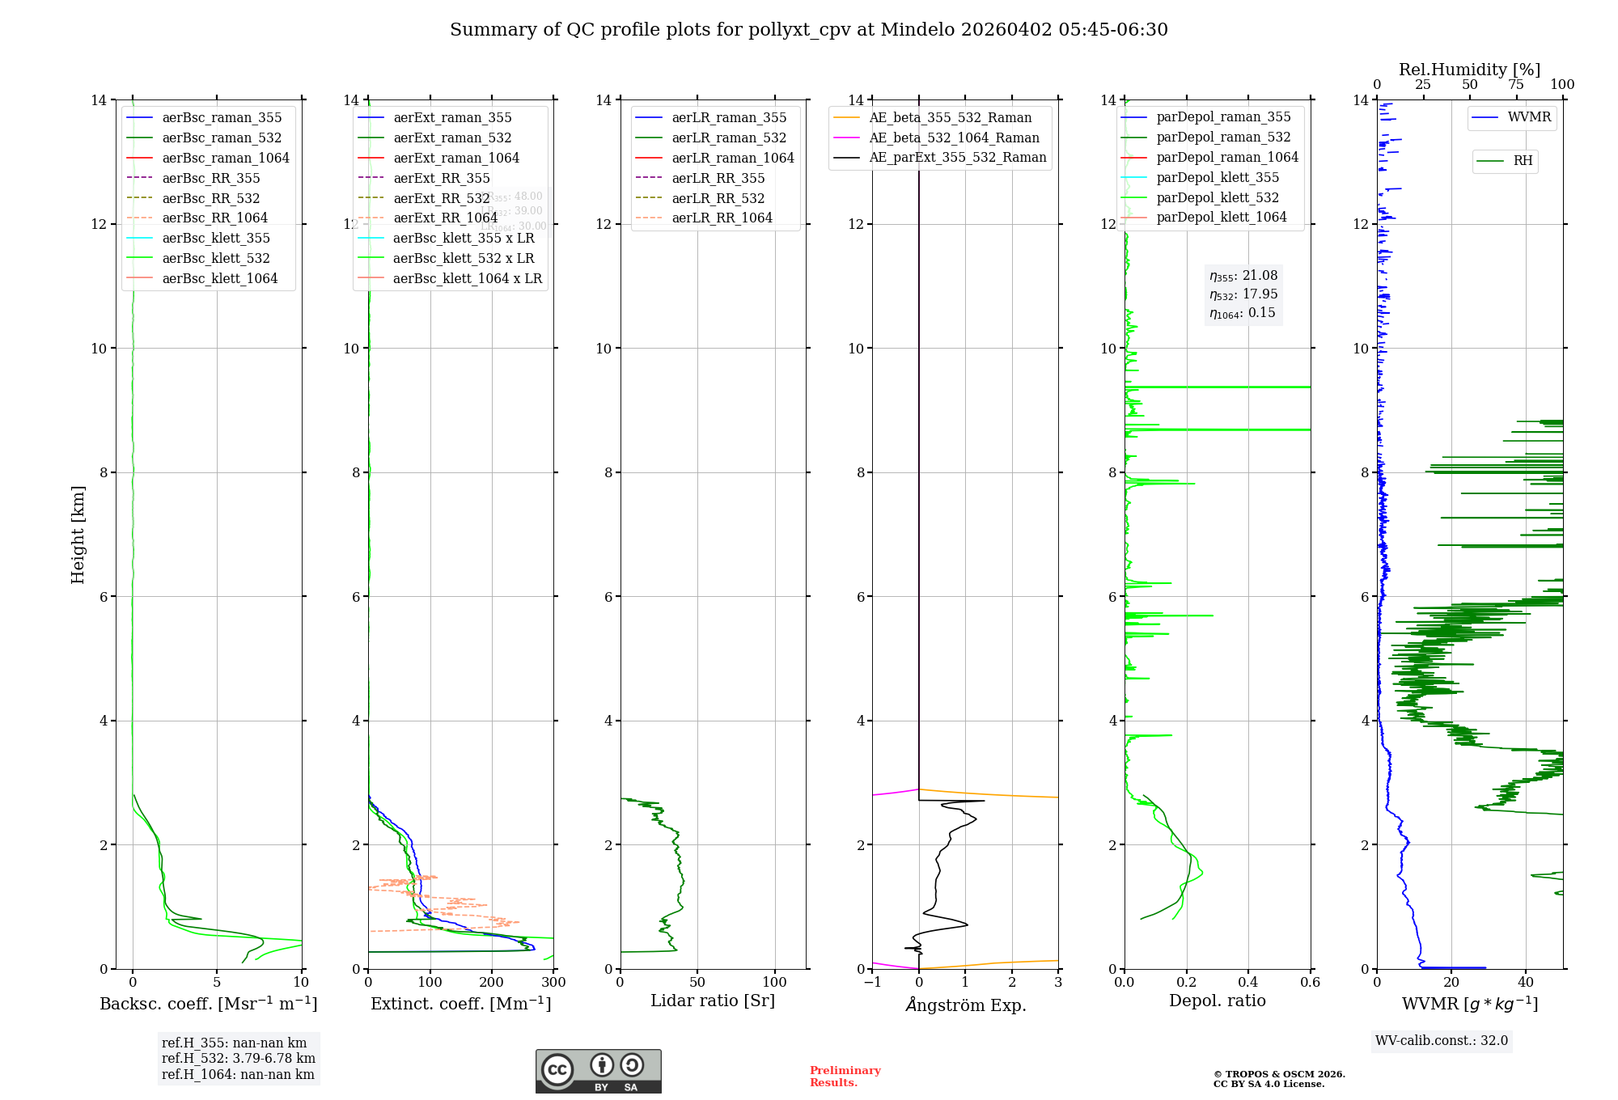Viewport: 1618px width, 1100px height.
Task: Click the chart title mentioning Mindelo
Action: click(x=809, y=30)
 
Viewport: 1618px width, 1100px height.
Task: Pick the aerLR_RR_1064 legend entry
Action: click(x=722, y=218)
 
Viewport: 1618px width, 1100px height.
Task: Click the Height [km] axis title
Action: click(x=78, y=534)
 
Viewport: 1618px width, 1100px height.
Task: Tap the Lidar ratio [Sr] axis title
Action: click(x=713, y=1001)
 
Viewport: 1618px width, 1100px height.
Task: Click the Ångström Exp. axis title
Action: click(x=966, y=1005)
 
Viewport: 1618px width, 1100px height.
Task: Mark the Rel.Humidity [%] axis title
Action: click(x=1469, y=70)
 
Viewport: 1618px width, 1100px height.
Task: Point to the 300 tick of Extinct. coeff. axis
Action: click(x=553, y=982)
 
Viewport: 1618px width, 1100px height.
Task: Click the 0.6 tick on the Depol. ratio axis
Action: click(x=1310, y=982)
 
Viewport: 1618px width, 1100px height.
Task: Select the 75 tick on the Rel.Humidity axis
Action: click(x=1515, y=85)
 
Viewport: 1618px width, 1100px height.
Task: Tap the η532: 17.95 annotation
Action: click(x=1243, y=294)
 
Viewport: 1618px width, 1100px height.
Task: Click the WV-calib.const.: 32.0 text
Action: click(x=1442, y=1040)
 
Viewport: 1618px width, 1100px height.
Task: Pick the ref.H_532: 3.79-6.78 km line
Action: click(x=238, y=1058)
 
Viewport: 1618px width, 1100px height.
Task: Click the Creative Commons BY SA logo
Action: click(x=598, y=1071)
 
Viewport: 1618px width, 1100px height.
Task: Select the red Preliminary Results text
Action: click(x=845, y=1076)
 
